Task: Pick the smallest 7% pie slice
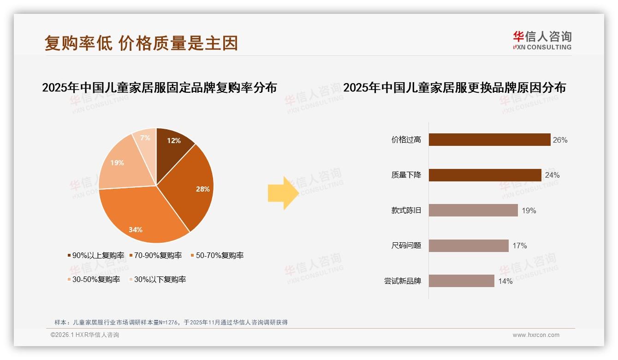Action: [146, 138]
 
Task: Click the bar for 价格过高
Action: [489, 140]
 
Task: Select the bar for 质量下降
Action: [485, 175]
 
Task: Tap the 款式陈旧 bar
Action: [473, 210]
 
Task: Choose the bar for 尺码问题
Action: [469, 246]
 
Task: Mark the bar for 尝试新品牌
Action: [461, 281]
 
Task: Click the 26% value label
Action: [560, 140]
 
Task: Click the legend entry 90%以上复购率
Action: [96, 255]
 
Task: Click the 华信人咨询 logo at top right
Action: [542, 40]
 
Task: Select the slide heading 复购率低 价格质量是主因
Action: [141, 43]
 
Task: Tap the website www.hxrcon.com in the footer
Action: [536, 335]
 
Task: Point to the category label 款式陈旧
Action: [406, 210]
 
